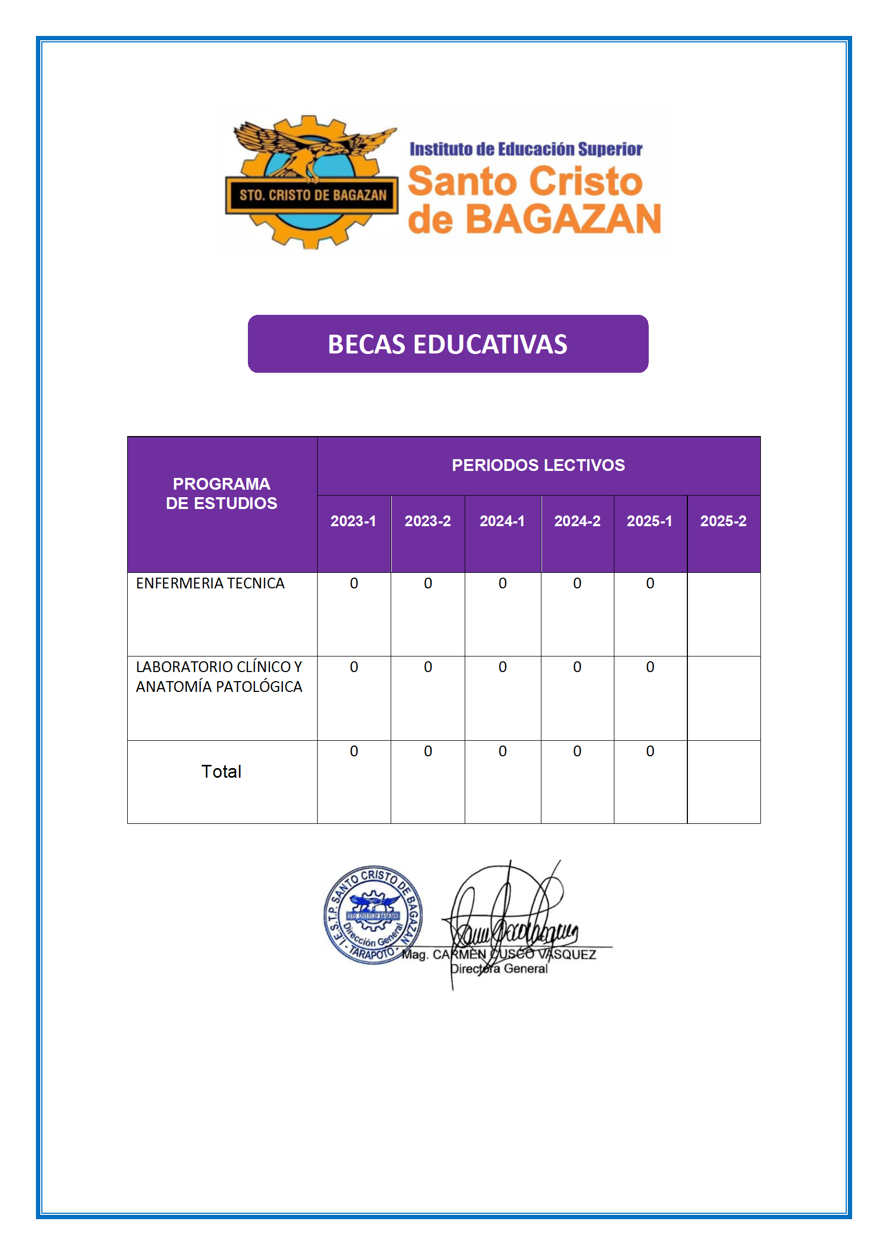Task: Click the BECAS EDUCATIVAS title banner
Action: (x=448, y=344)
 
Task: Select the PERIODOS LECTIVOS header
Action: (x=538, y=465)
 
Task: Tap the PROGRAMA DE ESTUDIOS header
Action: (x=221, y=493)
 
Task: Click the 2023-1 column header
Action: (x=353, y=521)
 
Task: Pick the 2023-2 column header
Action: (x=427, y=521)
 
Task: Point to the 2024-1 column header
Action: (x=502, y=521)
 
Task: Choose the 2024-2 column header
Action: (x=577, y=521)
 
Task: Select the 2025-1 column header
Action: (x=649, y=521)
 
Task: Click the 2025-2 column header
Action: (x=723, y=521)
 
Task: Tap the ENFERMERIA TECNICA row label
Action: (x=210, y=584)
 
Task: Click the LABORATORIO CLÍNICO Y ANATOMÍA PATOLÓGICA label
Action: (x=218, y=677)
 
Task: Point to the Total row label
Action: (x=221, y=771)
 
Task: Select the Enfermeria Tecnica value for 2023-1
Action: (x=354, y=584)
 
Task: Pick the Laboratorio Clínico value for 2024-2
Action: (x=577, y=667)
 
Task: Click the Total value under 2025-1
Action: (x=650, y=751)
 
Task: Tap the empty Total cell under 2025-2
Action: (x=723, y=781)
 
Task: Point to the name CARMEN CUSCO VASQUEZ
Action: (x=514, y=954)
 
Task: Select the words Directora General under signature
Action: (x=499, y=968)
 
